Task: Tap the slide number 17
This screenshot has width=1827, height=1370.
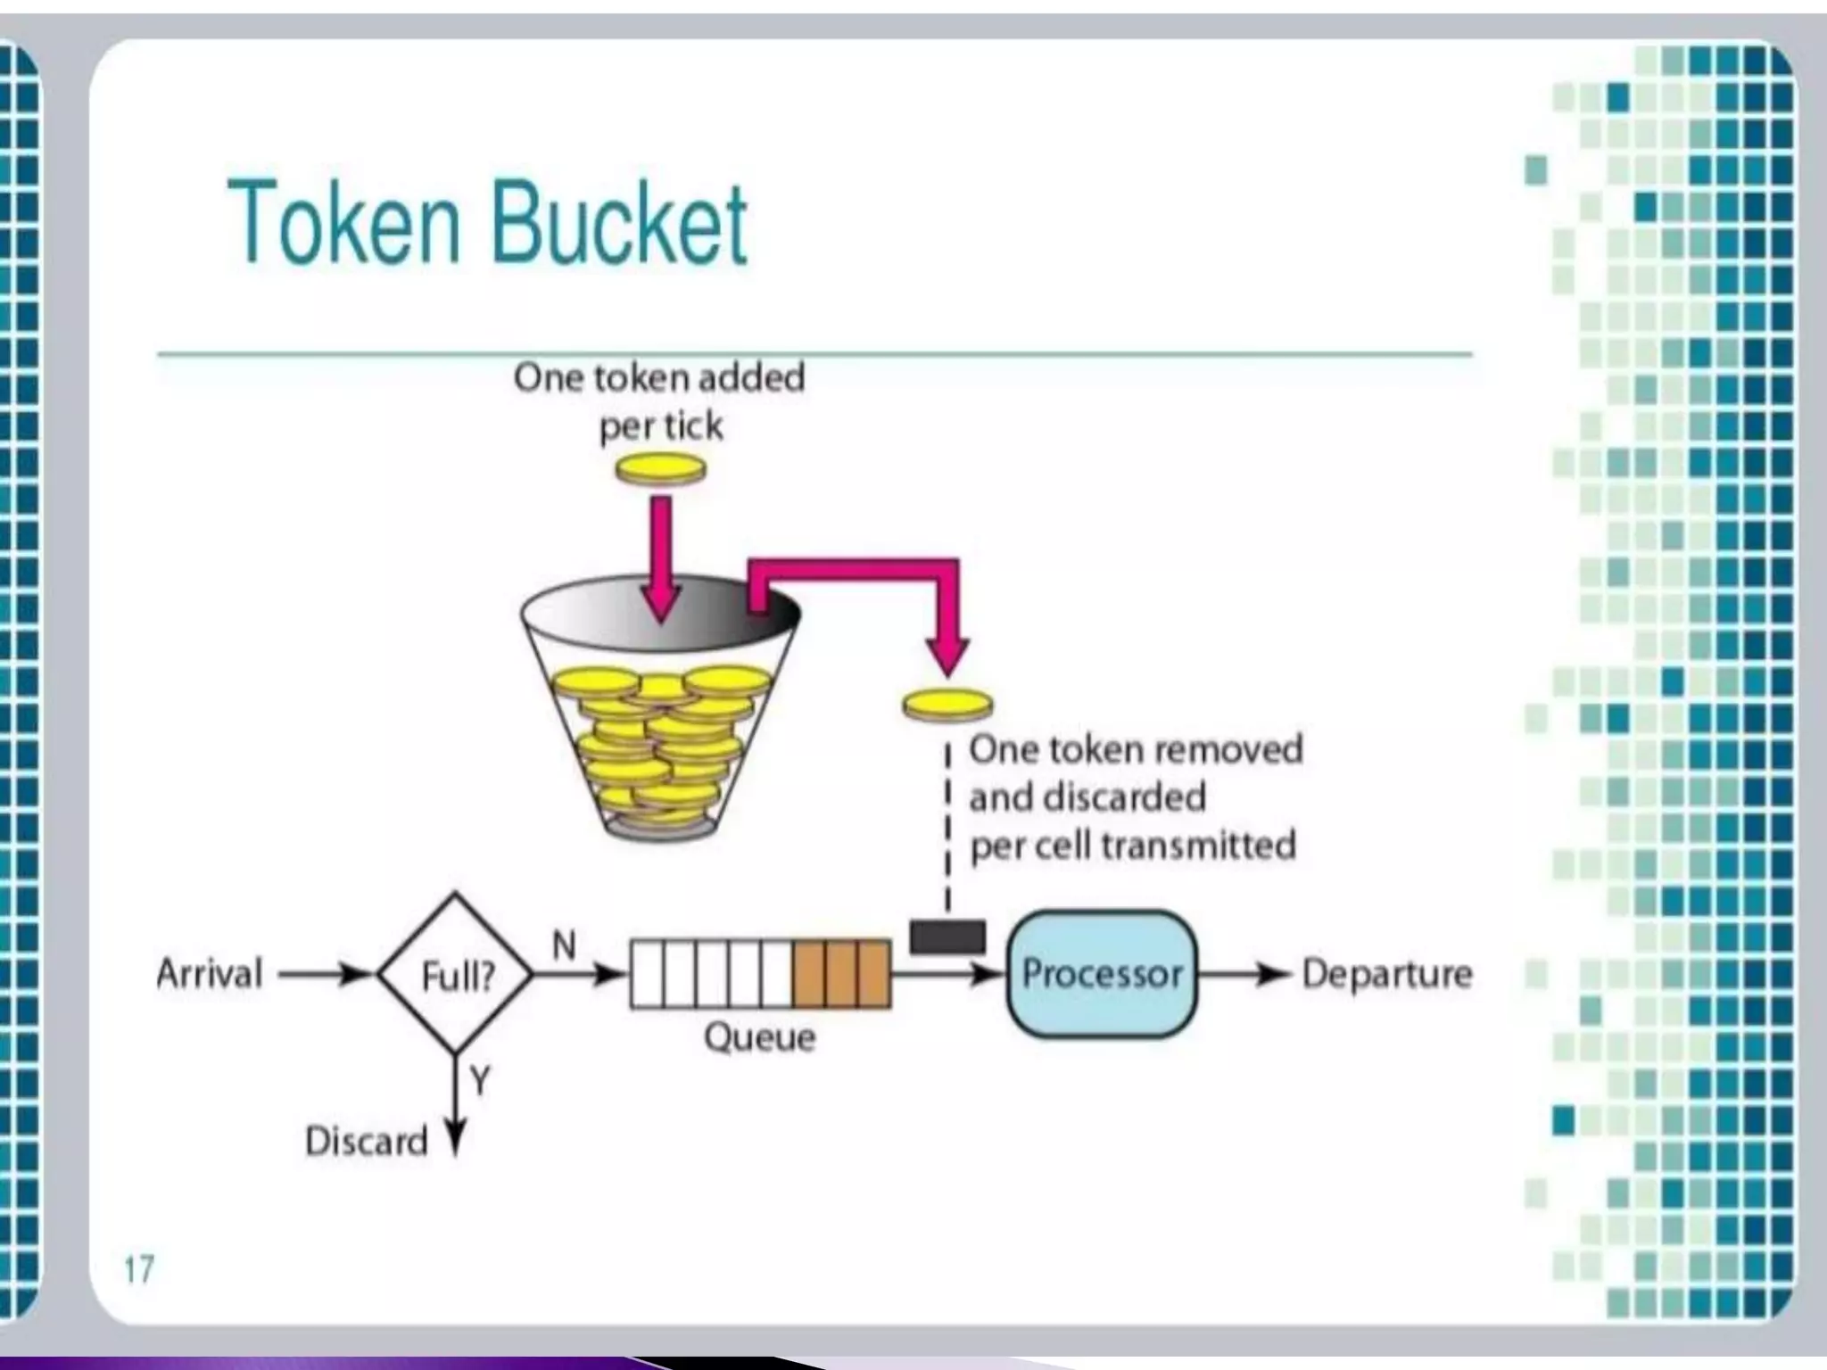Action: (138, 1268)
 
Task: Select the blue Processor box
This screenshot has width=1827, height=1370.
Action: (1102, 974)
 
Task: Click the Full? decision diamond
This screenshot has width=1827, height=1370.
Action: (456, 975)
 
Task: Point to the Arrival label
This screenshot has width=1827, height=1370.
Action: (210, 973)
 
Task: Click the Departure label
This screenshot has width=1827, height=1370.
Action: (1386, 973)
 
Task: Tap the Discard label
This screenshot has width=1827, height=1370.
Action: (367, 1141)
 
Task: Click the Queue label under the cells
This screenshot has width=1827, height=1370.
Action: (759, 1037)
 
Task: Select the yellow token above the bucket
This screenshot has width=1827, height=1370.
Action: (661, 468)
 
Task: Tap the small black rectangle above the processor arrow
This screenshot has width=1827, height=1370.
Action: (947, 937)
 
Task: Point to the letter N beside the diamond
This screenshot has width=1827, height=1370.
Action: (564, 945)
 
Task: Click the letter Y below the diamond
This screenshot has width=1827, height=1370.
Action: (481, 1082)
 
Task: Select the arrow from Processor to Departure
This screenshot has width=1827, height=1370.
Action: (1244, 974)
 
